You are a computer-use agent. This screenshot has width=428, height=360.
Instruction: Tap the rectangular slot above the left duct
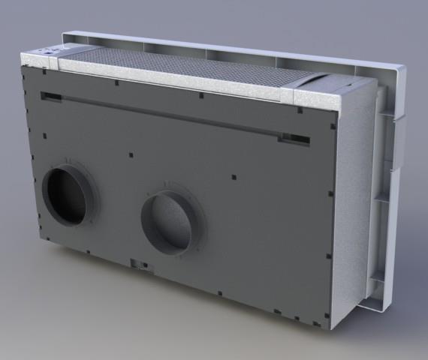point(51,97)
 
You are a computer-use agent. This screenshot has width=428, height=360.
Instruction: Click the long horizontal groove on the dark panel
point(165,116)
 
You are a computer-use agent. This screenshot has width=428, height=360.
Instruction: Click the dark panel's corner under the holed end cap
point(24,68)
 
